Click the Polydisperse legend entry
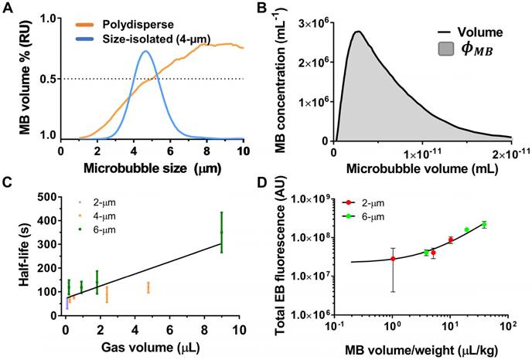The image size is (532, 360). (x=156, y=22)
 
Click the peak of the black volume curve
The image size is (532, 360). (x=358, y=32)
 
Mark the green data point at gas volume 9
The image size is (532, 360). (x=221, y=232)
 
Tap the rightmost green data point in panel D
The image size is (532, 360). (x=484, y=224)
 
